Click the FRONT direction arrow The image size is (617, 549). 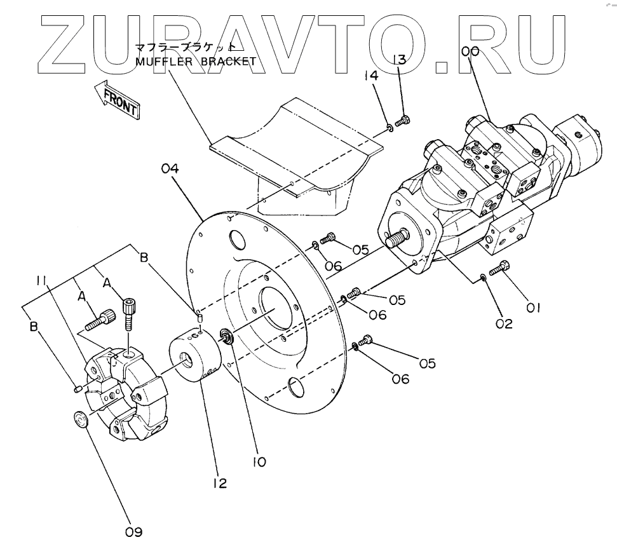[x=116, y=100]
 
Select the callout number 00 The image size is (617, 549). [x=470, y=52]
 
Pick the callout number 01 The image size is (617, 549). [x=532, y=308]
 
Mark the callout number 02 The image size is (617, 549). [x=504, y=323]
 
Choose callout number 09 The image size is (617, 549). [x=133, y=532]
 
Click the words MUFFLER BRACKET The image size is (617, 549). [x=196, y=62]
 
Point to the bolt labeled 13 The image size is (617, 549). [x=402, y=119]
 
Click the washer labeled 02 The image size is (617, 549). [x=484, y=276]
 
